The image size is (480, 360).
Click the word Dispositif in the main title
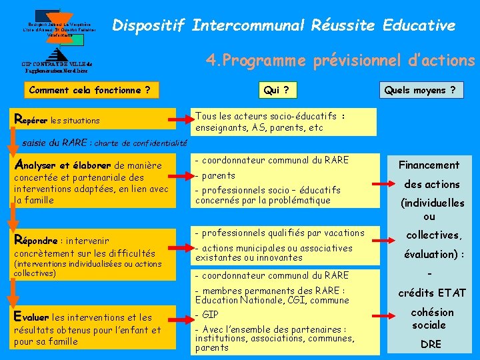148,26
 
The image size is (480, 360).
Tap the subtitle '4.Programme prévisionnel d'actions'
340,61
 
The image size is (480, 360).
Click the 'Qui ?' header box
271,90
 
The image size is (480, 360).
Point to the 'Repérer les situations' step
57,120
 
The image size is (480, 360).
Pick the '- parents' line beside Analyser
215,175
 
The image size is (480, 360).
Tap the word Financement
429,165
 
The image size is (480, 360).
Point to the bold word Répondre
37,240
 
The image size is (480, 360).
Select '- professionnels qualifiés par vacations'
279,233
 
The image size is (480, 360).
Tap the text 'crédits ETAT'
432,293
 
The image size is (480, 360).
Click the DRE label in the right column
431,345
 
